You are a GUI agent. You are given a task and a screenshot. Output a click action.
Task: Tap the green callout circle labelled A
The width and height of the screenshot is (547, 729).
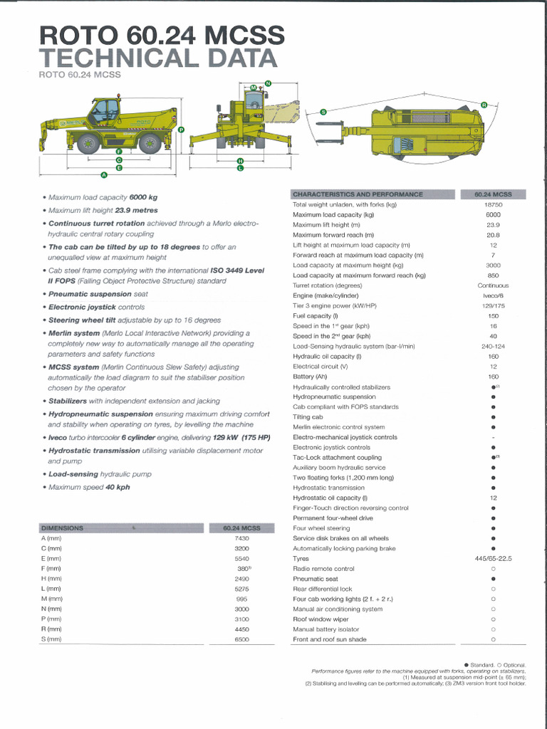(x=104, y=174)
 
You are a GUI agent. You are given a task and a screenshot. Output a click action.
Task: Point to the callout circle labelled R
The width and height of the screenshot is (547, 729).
(x=484, y=105)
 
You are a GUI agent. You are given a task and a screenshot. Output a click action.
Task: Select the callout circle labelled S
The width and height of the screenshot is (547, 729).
(x=323, y=112)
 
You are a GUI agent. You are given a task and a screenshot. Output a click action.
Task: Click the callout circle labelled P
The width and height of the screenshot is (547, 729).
(x=181, y=130)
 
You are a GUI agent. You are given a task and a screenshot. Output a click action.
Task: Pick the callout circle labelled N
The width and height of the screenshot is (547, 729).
(x=268, y=83)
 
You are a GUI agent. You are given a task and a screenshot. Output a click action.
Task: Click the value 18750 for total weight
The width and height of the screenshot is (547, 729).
(x=493, y=204)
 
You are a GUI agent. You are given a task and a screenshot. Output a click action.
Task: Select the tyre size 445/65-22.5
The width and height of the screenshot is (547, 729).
(x=493, y=559)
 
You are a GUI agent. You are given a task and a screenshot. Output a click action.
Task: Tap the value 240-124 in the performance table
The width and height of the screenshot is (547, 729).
(x=493, y=346)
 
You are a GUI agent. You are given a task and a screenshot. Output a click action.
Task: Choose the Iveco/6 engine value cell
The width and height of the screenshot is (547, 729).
(x=493, y=295)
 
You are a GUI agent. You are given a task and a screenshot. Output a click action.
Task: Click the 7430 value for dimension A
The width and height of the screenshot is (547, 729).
(x=241, y=538)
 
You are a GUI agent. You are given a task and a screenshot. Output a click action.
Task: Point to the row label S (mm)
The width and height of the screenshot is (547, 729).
(x=52, y=639)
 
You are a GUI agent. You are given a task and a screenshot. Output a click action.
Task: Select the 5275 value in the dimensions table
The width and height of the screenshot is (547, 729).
(x=241, y=589)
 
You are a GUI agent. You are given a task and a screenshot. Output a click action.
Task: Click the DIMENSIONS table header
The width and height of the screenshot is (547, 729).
(x=63, y=528)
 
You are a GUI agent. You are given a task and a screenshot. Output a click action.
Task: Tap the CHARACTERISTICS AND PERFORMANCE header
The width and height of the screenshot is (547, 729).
(x=358, y=194)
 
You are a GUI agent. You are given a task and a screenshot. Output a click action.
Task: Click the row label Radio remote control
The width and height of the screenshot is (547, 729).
(x=323, y=569)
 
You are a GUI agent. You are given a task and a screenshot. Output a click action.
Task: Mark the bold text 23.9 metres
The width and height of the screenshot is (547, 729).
(x=137, y=211)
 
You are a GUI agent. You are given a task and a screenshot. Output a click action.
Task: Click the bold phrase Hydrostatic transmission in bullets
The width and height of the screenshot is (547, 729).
(x=94, y=451)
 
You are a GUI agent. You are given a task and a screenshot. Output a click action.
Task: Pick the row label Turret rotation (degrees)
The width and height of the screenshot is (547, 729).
(x=328, y=285)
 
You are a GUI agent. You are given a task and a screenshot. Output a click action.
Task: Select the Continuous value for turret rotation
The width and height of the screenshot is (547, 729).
(x=493, y=285)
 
